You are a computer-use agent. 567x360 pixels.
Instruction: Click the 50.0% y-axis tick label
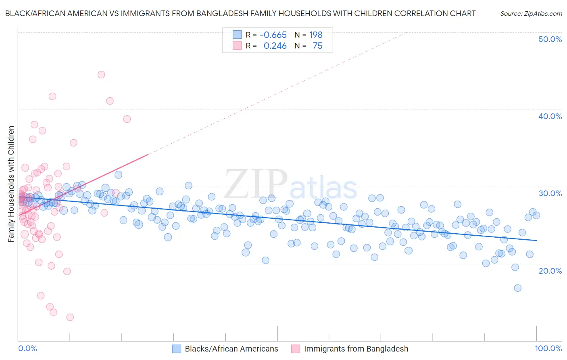pos(550,39)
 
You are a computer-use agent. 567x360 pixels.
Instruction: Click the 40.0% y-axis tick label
pos(550,116)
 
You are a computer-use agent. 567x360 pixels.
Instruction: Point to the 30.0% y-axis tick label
pos(550,193)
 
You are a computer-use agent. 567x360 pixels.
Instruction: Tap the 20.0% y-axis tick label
pos(550,270)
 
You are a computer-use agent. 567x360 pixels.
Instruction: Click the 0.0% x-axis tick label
pos(27,348)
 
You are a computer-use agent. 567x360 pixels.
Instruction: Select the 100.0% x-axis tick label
pos(548,348)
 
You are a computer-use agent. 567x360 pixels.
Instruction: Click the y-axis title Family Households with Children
pos(11,184)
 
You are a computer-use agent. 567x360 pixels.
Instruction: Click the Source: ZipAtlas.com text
pos(531,14)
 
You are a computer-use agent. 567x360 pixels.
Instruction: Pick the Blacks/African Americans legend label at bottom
pos(231,349)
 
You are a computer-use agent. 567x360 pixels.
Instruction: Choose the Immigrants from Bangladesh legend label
pos(356,349)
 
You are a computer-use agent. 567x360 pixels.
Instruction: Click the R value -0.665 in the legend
pos(273,35)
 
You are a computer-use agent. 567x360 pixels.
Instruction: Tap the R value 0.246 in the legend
pos(275,46)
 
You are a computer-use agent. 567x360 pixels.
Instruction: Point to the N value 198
pos(316,35)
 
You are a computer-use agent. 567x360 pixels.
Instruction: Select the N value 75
pos(317,46)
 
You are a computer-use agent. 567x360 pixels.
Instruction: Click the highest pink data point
pos(101,75)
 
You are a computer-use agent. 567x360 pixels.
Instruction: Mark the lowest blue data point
pos(517,288)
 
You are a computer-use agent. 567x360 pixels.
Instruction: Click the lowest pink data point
pos(70,317)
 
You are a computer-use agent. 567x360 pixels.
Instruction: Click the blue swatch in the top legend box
pos(237,35)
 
